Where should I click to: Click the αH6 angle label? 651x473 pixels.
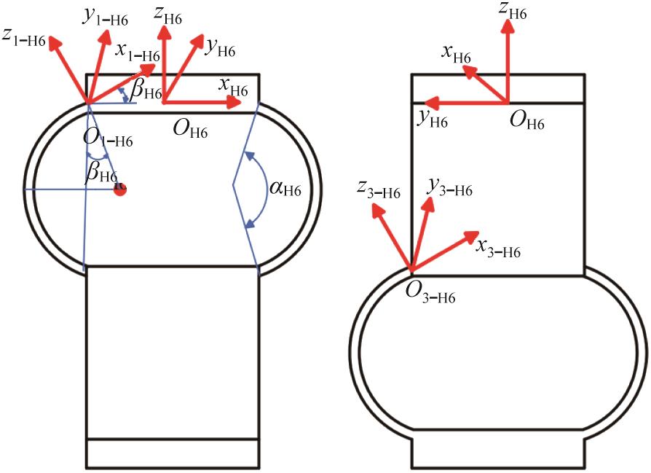[x=285, y=190]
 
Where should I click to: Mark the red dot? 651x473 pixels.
[x=120, y=189]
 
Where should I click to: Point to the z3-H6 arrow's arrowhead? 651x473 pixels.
[x=376, y=211]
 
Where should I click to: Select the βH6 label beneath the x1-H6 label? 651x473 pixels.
[x=146, y=90]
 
